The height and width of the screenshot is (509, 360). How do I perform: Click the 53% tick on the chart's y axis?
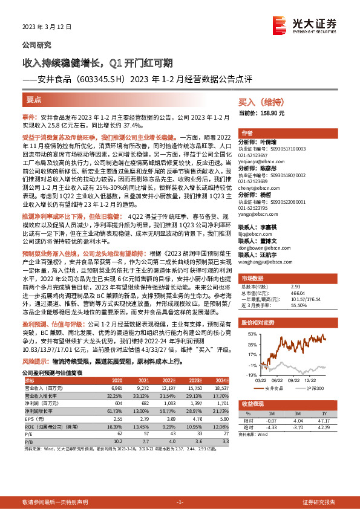pyautogui.click(x=249, y=333)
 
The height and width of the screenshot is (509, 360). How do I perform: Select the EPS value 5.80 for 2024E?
pyautogui.click(x=223, y=417)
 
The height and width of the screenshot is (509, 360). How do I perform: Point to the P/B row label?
pyautogui.click(x=28, y=441)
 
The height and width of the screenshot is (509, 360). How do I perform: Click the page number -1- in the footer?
pyautogui.click(x=180, y=502)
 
